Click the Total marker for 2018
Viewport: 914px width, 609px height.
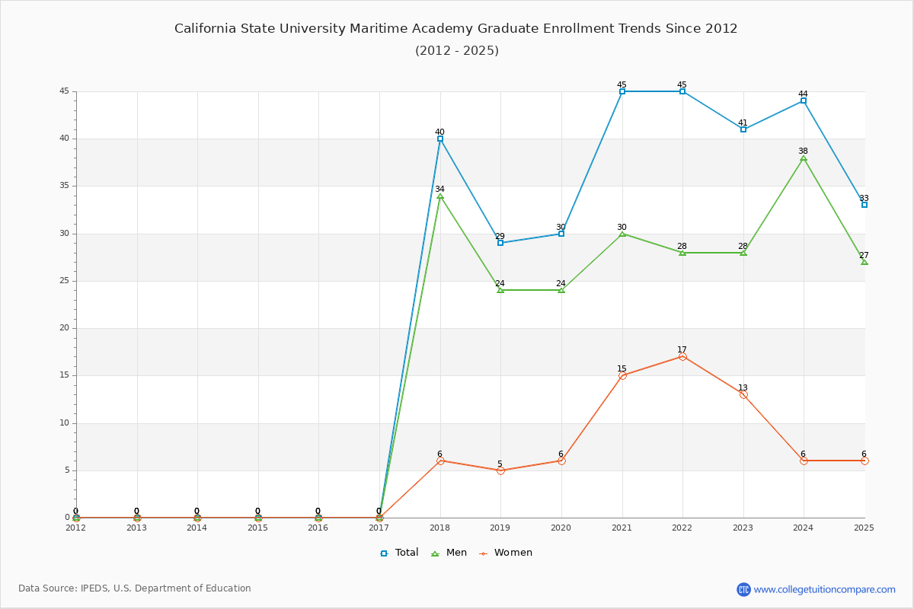coord(440,139)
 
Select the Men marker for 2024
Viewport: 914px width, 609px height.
coord(804,158)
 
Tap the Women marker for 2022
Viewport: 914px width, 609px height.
coord(682,356)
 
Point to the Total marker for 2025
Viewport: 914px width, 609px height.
coord(864,205)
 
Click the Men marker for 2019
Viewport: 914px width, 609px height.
coord(500,290)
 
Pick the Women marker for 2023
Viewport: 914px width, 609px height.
coord(743,394)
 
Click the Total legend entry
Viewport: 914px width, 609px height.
coord(400,553)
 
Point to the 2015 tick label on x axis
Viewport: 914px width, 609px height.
coord(257,528)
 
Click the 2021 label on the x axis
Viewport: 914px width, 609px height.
coord(622,528)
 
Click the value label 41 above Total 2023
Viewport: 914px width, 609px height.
coord(743,123)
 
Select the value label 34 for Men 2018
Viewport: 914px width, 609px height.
coord(439,189)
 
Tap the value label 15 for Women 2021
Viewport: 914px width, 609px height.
coord(622,368)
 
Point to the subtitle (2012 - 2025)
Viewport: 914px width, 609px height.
coord(457,51)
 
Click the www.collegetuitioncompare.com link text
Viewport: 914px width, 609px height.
coord(825,589)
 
